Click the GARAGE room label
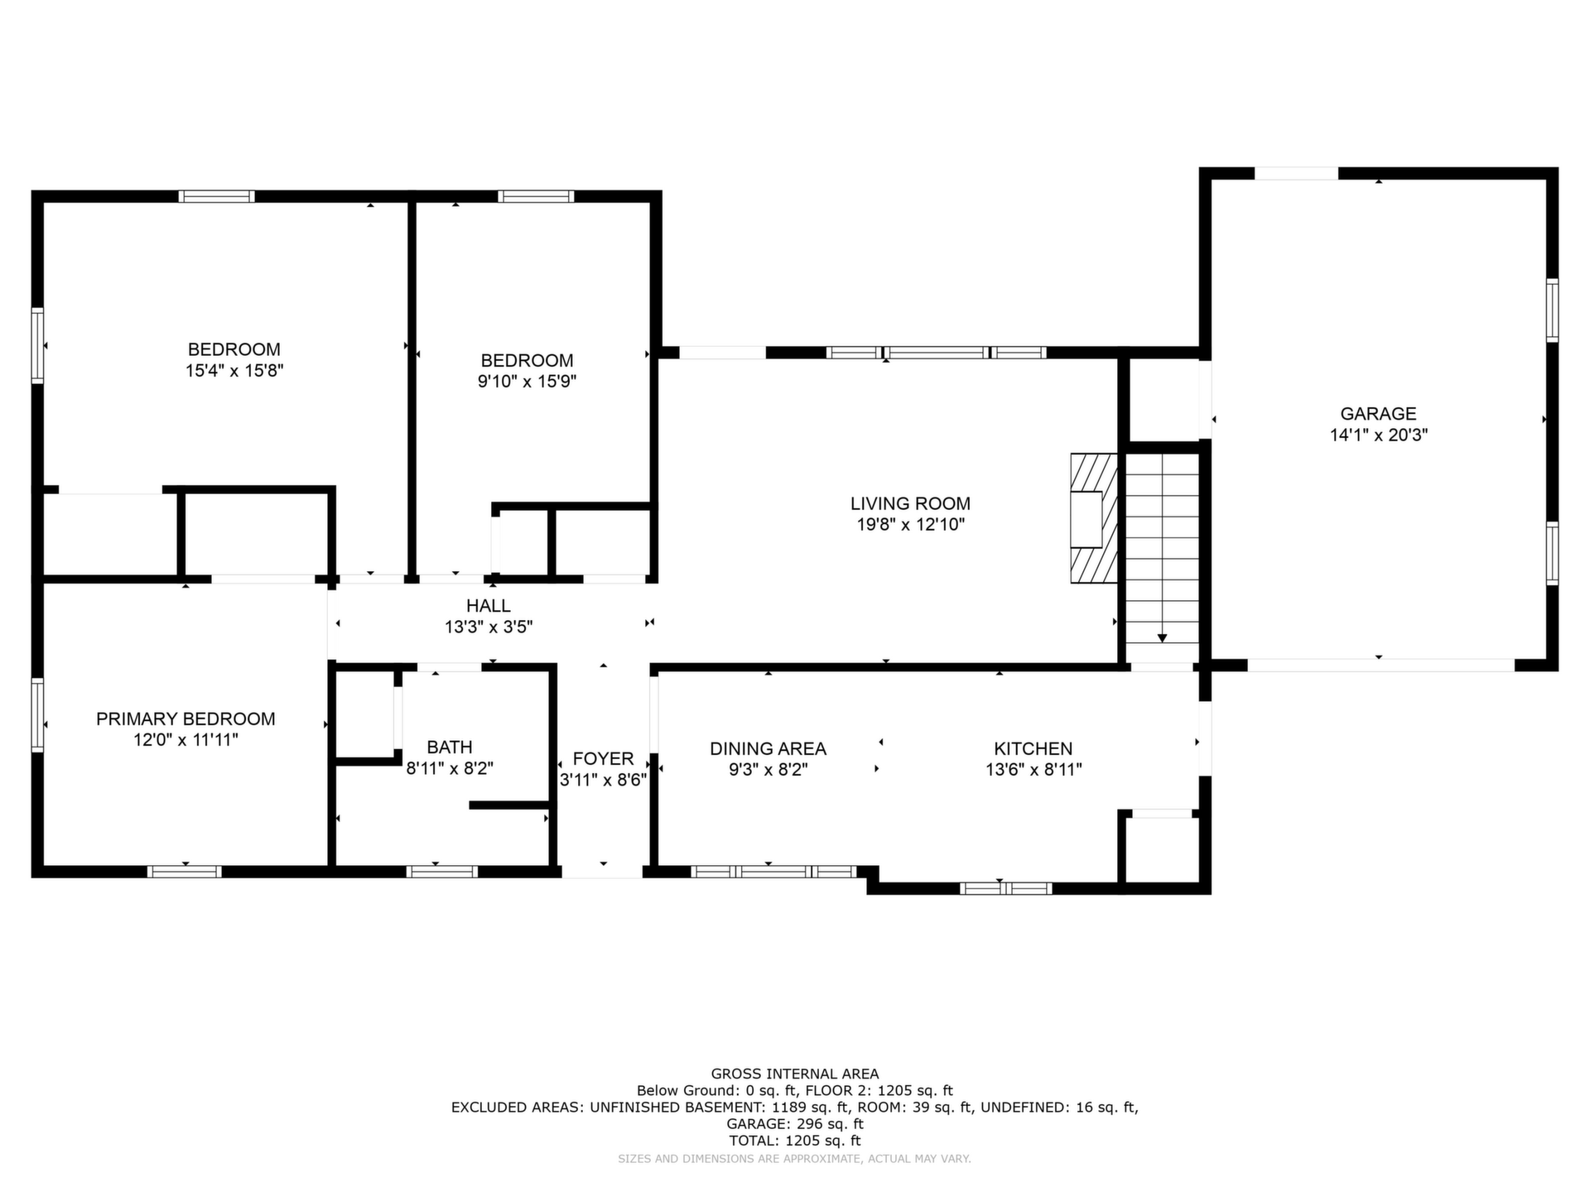point(1378,414)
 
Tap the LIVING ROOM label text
point(910,503)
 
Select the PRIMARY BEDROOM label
point(185,719)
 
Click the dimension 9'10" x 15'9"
point(528,382)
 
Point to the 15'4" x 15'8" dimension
point(234,371)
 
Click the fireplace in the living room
point(1093,518)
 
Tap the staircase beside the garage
point(1162,557)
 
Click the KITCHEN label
point(1033,749)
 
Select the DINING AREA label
point(768,749)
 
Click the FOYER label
point(603,759)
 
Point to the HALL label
point(489,606)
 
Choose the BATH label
point(450,747)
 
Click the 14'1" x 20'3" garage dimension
point(1379,435)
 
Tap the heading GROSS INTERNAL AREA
point(795,1074)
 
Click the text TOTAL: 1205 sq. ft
point(795,1141)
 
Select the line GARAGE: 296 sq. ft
point(795,1124)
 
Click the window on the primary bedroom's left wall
point(37,715)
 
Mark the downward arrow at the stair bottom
point(1162,637)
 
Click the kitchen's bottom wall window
point(1005,888)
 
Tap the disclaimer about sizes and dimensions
point(795,1159)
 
